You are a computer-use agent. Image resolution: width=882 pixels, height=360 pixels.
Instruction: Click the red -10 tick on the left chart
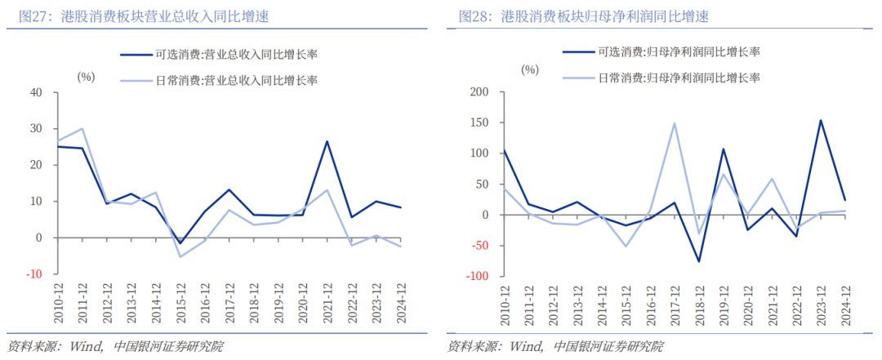[x=33, y=274]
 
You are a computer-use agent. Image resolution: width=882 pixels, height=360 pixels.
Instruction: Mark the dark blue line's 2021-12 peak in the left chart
[x=327, y=141]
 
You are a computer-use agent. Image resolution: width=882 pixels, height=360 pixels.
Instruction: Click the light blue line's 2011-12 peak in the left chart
[x=82, y=128]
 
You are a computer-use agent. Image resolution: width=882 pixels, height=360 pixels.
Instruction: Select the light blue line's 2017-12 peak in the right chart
[x=675, y=123]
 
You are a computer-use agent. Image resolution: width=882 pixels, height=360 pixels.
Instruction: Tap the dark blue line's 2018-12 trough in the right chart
[x=699, y=261]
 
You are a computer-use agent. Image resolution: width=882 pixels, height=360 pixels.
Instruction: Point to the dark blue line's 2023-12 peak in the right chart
[x=821, y=121]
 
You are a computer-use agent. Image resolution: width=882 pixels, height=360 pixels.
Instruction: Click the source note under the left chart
[x=115, y=346]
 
